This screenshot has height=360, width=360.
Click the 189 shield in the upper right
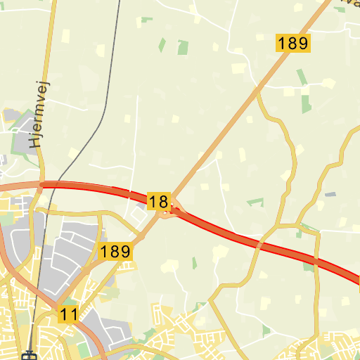pyautogui.click(x=292, y=43)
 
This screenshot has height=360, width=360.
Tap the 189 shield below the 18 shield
pyautogui.click(x=115, y=251)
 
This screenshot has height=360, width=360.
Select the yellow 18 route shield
pyautogui.click(x=159, y=202)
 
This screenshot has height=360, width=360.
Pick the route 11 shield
pyautogui.click(x=68, y=314)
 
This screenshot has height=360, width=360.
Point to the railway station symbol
pyautogui.click(x=30, y=354)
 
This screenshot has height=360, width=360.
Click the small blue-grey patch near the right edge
pyautogui.click(x=330, y=194)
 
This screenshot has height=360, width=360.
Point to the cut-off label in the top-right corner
pyautogui.click(x=348, y=4)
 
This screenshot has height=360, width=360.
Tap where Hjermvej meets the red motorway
pyautogui.click(x=42, y=184)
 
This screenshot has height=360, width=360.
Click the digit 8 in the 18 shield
pyautogui.click(x=163, y=202)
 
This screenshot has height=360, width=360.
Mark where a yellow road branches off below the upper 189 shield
pyautogui.click(x=258, y=90)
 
